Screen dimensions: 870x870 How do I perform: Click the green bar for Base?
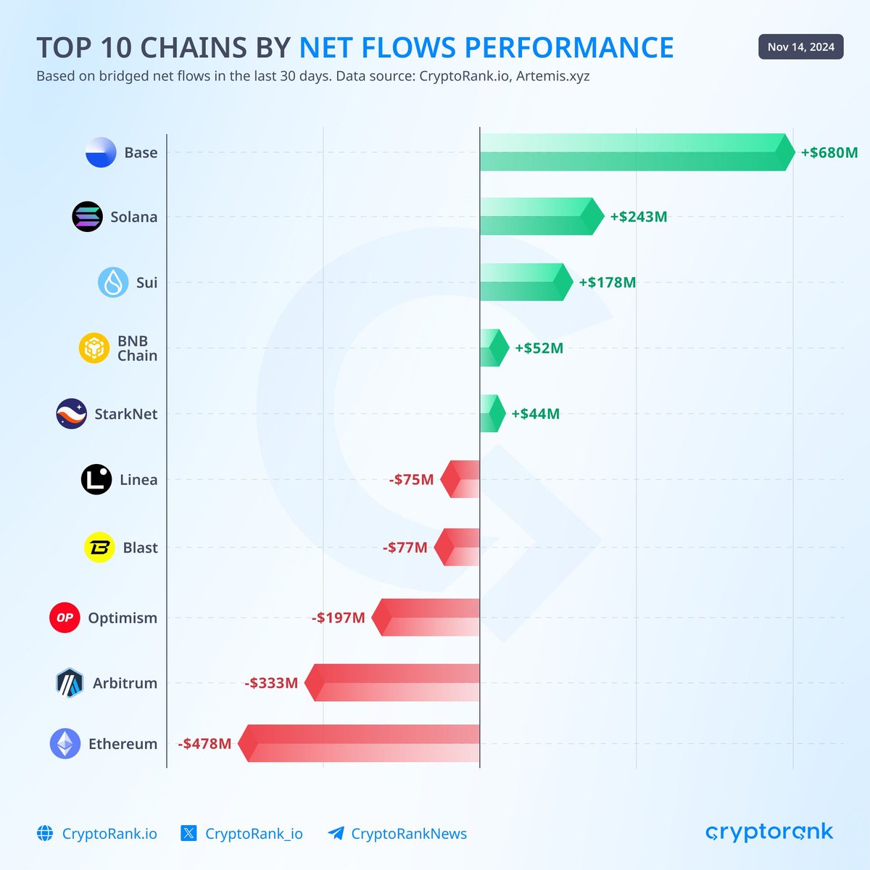[x=634, y=152]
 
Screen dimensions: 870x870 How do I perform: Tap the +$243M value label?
[x=638, y=217]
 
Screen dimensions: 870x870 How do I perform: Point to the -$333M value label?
[x=271, y=683]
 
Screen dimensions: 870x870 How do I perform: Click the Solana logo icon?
[x=88, y=217]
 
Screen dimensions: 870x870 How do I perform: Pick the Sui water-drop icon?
[x=113, y=282]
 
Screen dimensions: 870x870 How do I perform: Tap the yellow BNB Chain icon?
[x=94, y=348]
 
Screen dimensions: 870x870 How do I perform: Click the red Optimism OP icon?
[x=65, y=618]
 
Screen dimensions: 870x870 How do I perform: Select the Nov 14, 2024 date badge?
[x=800, y=47]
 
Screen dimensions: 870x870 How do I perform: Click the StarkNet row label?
[x=125, y=414]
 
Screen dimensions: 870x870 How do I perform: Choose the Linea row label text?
[x=138, y=479]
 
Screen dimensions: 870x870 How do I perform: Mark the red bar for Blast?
[x=458, y=547]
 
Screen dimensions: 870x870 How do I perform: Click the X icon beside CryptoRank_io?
[x=188, y=833]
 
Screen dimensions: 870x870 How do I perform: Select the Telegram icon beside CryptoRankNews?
[x=336, y=833]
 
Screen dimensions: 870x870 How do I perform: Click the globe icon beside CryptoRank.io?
[x=45, y=833]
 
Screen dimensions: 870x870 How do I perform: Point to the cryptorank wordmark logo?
[x=769, y=832]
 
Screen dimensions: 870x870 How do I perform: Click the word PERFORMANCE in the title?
[x=569, y=48]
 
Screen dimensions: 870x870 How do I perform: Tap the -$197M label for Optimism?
[x=339, y=618]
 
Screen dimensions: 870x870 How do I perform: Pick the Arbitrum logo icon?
[x=70, y=683]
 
